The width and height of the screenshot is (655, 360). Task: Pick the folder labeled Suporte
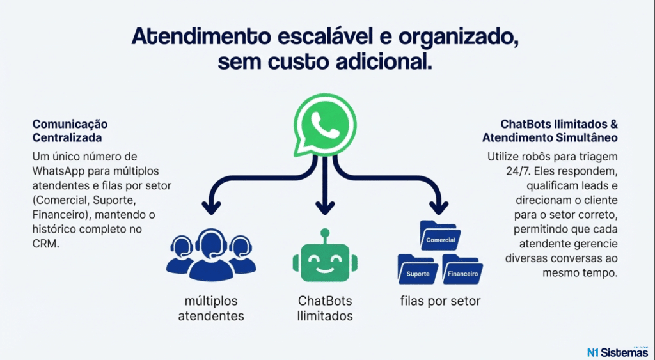[x=418, y=271]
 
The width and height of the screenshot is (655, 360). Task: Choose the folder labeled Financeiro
[x=462, y=272]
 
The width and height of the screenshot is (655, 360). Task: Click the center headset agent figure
[x=211, y=253]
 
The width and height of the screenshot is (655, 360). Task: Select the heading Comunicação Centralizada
[x=70, y=130]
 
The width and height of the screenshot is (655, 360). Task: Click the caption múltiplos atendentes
[x=211, y=308]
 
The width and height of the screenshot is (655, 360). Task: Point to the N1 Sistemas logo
[x=617, y=351]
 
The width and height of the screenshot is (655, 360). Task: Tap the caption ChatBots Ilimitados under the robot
[x=325, y=308]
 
